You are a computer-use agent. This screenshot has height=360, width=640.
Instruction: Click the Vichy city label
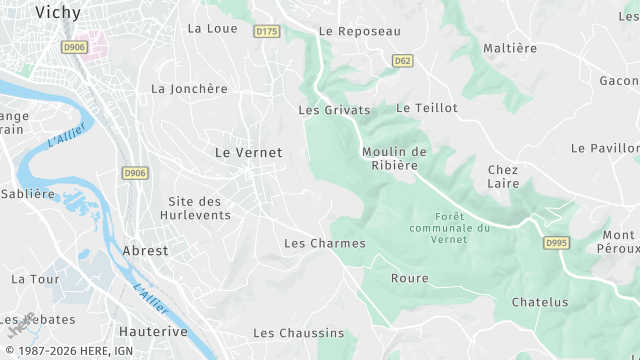57,12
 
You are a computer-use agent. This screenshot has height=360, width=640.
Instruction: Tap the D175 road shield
266,32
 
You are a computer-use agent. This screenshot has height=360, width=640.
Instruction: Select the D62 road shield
402,60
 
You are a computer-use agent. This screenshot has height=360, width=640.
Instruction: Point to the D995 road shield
556,243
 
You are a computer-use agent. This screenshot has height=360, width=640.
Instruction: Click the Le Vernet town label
249,152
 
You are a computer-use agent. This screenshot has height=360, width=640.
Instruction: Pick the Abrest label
145,251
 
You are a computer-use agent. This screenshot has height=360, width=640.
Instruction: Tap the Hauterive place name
153,330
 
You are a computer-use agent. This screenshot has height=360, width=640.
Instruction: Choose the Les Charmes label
325,243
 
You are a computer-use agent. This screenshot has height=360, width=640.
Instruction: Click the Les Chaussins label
298,333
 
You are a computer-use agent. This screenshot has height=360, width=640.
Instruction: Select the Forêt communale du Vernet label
450,228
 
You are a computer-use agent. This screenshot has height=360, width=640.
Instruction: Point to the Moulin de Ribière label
394,158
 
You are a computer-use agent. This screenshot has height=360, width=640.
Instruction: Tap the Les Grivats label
334,110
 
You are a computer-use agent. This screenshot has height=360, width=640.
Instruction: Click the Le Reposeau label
359,31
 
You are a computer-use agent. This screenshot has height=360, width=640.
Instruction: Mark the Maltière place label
510,48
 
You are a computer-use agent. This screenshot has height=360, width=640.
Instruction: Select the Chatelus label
539,302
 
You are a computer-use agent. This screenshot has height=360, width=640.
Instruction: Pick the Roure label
409,278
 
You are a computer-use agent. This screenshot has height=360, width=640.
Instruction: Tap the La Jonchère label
189,88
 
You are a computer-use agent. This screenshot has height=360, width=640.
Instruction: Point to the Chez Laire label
503,177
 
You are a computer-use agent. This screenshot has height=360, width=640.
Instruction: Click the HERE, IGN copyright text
75,352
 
